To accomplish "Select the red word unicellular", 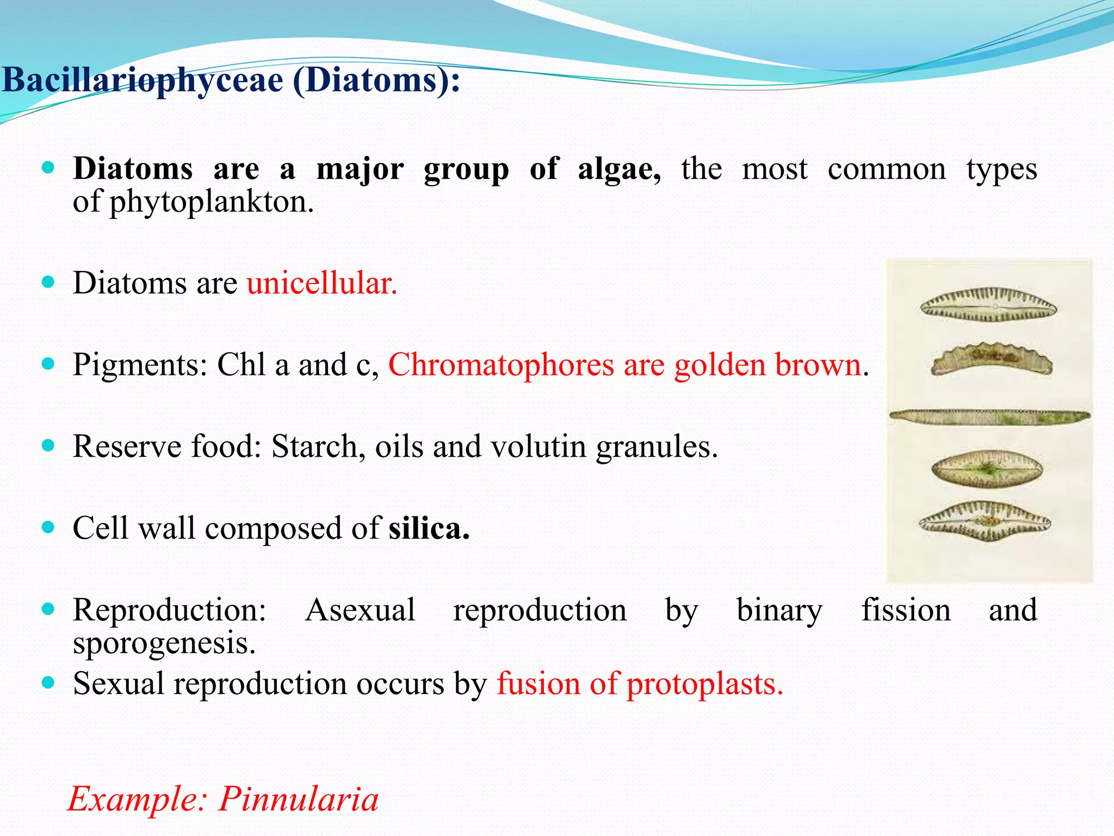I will point(322,284).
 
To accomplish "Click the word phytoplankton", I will point(212,202).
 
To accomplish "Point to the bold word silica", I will point(429,528).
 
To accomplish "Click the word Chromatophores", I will point(501,365).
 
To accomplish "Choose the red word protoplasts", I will point(705,684).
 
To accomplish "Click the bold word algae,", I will point(619,169).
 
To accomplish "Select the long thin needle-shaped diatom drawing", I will point(989,417).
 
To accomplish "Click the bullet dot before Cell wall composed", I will point(48,527).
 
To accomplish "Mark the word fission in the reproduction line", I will point(906,610).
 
